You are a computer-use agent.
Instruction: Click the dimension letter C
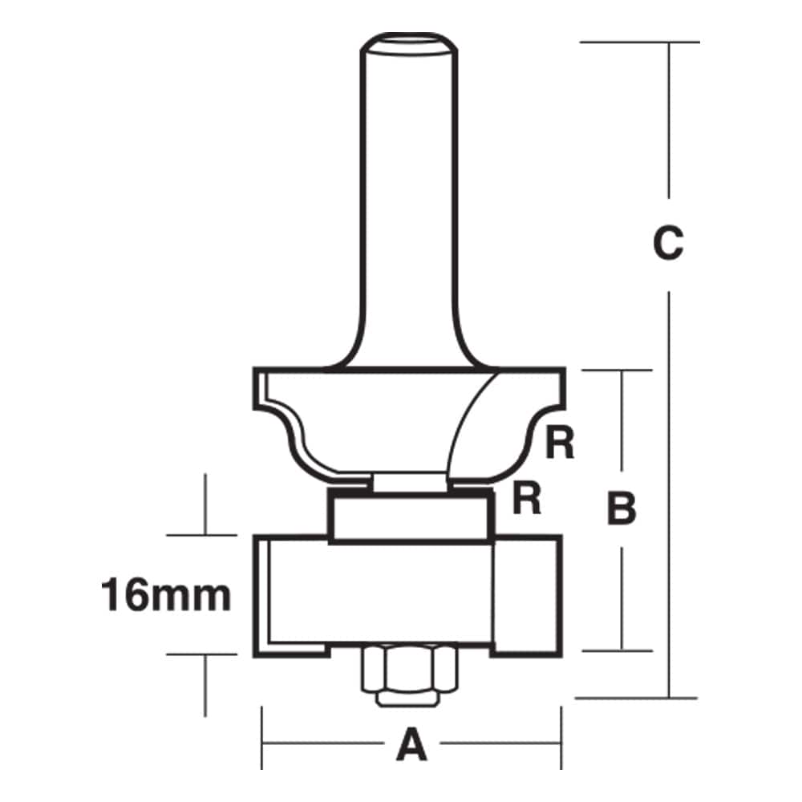(667, 244)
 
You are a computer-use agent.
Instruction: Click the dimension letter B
(622, 508)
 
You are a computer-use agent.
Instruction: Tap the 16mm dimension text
(166, 596)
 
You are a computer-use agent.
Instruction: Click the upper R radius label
(560, 444)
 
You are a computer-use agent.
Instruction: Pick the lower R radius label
(526, 499)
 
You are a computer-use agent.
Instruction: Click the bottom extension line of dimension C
(634, 697)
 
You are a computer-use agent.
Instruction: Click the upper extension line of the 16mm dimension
(205, 535)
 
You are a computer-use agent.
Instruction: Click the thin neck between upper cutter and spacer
(409, 480)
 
